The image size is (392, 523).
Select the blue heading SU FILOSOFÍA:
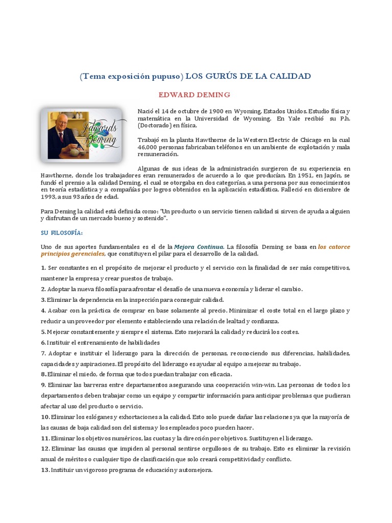(x=61, y=232)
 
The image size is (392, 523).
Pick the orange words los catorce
(x=334, y=247)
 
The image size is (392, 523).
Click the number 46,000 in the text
(x=149, y=147)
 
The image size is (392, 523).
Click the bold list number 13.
(x=45, y=470)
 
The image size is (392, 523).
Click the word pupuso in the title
(x=164, y=76)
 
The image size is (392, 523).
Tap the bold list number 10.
(x=45, y=417)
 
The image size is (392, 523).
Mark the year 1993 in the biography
(x=50, y=196)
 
